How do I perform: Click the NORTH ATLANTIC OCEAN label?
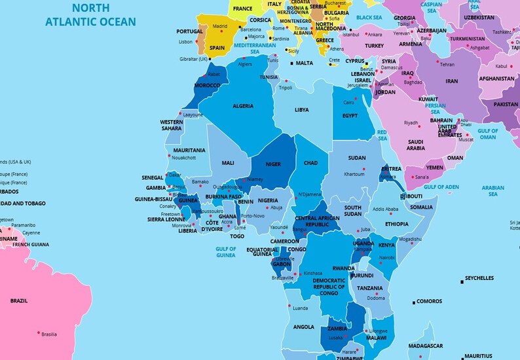tap(90, 15)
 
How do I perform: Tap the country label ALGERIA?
tap(243, 106)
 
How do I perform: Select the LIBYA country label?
tap(301, 110)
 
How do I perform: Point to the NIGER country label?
tap(273, 164)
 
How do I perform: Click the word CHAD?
tap(310, 163)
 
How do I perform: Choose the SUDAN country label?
tap(357, 158)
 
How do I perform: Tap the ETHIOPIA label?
tap(396, 224)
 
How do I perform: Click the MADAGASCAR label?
tap(426, 346)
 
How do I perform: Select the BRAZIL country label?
tap(19, 301)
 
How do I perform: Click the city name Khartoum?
tap(354, 174)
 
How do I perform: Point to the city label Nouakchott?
tap(183, 158)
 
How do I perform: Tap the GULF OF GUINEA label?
tap(225, 252)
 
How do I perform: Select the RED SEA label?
tap(382, 135)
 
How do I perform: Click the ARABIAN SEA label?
tap(492, 190)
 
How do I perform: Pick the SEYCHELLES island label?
tap(479, 278)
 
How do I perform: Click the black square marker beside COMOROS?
tap(413, 302)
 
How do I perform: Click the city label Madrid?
tap(220, 26)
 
